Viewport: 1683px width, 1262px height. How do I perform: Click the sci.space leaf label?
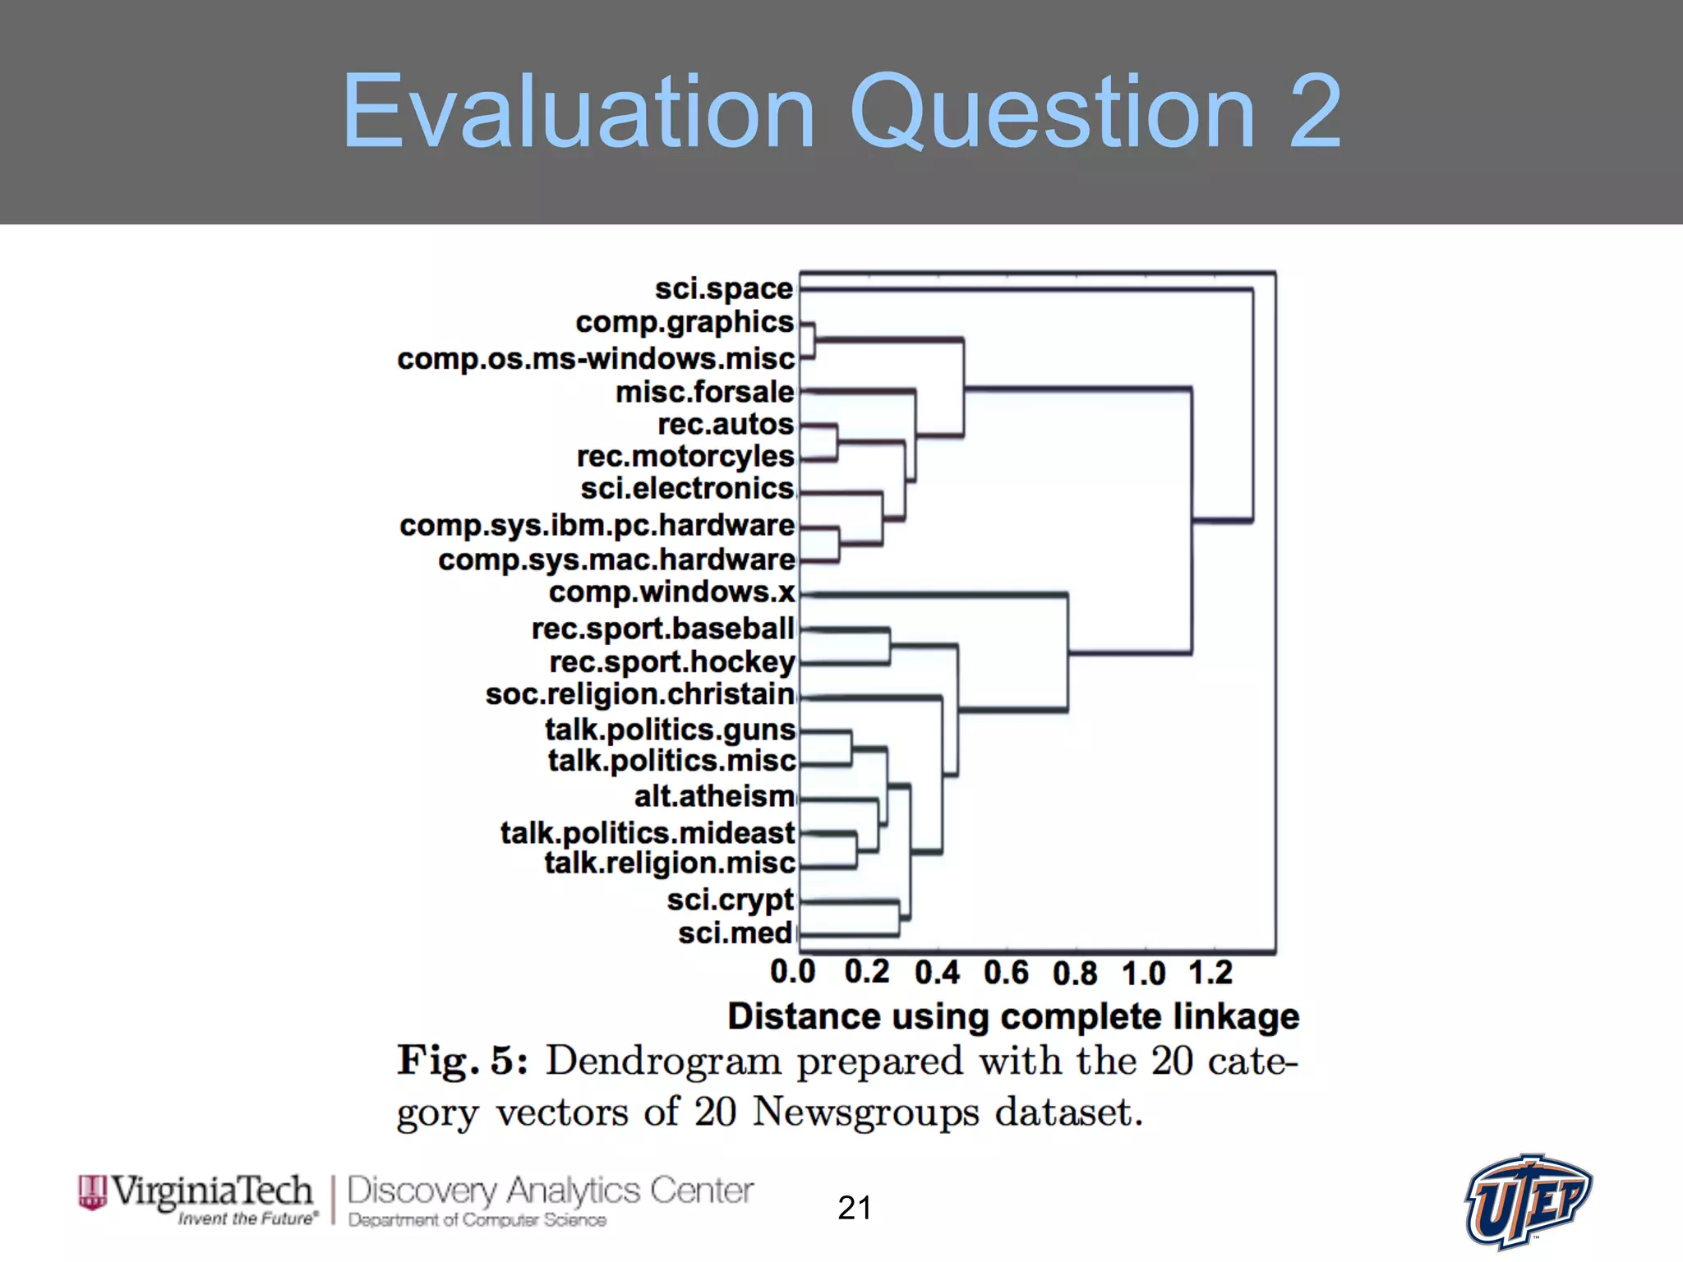(x=723, y=289)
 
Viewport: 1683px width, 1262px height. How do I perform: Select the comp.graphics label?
(x=685, y=323)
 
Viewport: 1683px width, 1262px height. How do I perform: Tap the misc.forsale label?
(x=705, y=392)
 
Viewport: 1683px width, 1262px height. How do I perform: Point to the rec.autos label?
(x=726, y=424)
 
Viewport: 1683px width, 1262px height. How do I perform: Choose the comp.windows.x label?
(x=671, y=592)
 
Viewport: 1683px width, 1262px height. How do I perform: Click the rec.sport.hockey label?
(x=671, y=661)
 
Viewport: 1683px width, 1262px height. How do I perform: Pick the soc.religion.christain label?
(x=639, y=694)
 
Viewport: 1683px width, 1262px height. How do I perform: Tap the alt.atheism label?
(x=714, y=796)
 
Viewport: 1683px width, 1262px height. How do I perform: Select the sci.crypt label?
(x=730, y=900)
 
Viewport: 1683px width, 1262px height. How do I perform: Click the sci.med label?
(x=735, y=933)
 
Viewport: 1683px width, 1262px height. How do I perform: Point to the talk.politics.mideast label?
(x=648, y=832)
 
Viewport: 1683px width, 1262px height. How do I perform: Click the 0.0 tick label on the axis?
(x=792, y=972)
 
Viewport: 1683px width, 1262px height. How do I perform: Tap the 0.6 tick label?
(x=1006, y=973)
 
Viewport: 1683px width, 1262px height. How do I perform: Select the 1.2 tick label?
(x=1210, y=973)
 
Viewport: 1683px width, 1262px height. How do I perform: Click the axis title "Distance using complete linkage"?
(x=1013, y=1016)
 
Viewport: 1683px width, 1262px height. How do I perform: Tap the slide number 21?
(x=855, y=1208)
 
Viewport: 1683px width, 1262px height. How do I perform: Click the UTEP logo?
(x=1529, y=1201)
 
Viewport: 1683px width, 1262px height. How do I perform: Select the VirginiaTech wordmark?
(x=212, y=1192)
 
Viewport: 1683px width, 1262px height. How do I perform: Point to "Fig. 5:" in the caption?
(x=463, y=1061)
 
